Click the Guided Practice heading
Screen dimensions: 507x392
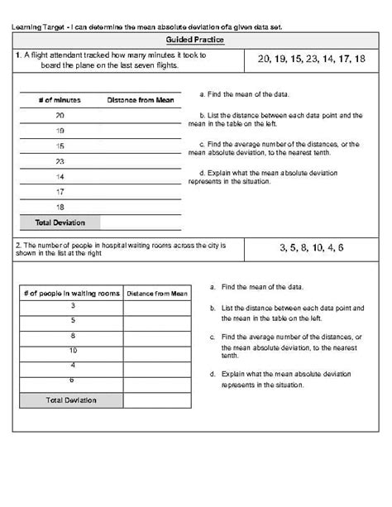[x=195, y=39]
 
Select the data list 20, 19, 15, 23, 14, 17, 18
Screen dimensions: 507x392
[x=311, y=59]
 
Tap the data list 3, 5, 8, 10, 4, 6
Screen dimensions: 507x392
[x=311, y=247]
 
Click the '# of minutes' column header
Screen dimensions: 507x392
[x=60, y=100]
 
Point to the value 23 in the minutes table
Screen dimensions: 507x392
[x=60, y=161]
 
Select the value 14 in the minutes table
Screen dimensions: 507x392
[x=60, y=176]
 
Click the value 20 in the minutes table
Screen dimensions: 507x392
[x=60, y=116]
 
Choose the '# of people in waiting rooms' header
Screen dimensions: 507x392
[x=71, y=293]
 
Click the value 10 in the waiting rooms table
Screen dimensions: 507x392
[x=72, y=350]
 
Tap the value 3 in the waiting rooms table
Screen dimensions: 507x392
[x=72, y=306]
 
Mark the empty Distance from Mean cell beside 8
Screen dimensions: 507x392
[x=156, y=336]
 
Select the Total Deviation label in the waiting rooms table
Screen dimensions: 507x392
[x=71, y=400]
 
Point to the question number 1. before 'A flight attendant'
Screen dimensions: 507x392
[x=18, y=55]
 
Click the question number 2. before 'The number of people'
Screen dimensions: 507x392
[x=18, y=245]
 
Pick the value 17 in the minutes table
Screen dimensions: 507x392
[x=60, y=191]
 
